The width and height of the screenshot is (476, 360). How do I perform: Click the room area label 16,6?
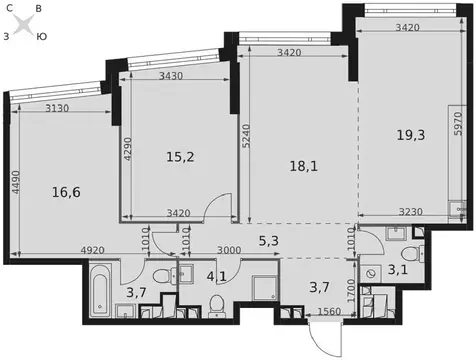(x=66, y=192)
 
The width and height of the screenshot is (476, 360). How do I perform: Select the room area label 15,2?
(x=180, y=157)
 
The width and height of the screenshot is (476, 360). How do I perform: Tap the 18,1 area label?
(x=304, y=166)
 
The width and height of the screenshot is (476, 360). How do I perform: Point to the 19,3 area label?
(x=411, y=135)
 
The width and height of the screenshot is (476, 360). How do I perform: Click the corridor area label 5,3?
(x=269, y=240)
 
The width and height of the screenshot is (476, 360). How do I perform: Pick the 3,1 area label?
(x=398, y=269)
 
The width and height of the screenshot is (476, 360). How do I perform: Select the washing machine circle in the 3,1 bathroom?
(x=370, y=273)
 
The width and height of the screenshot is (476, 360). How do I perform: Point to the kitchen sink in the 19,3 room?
(x=457, y=209)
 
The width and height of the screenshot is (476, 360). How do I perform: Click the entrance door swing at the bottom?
(x=326, y=337)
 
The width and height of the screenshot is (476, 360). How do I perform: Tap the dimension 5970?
(x=459, y=123)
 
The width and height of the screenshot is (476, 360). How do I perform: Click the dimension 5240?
(x=246, y=136)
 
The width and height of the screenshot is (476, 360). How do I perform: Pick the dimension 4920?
(x=93, y=250)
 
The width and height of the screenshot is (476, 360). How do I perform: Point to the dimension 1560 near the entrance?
(x=329, y=311)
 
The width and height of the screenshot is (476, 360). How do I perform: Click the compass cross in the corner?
(x=24, y=24)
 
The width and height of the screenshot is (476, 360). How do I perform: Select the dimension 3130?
(x=57, y=108)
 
